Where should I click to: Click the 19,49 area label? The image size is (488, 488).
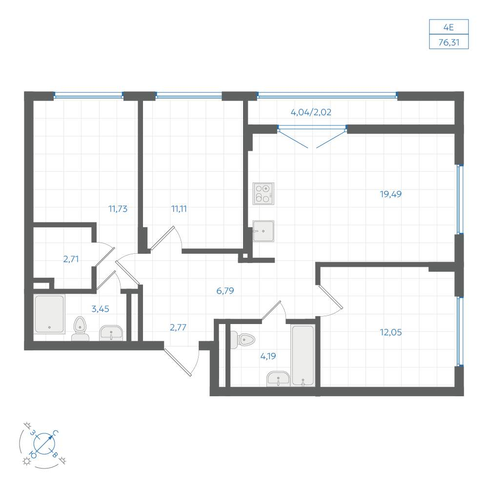click(390, 194)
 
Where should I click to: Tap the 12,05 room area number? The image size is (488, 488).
click(390, 332)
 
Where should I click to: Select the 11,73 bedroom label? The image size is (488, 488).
click(118, 209)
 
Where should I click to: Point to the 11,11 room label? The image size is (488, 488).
click(179, 209)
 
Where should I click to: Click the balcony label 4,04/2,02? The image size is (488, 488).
click(311, 112)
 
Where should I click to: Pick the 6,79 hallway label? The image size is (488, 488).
click(225, 291)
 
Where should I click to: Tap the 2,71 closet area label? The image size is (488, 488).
click(71, 259)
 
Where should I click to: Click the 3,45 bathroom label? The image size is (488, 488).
click(100, 309)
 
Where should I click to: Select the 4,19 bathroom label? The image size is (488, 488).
click(268, 356)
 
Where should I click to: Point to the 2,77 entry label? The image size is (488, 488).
click(178, 327)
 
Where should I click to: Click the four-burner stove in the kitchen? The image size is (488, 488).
click(264, 194)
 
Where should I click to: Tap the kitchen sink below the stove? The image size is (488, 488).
click(264, 231)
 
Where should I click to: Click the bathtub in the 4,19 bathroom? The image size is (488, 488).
click(303, 355)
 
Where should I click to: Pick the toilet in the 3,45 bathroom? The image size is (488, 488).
click(81, 328)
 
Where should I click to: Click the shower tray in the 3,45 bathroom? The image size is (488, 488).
click(49, 314)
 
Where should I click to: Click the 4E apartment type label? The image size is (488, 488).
click(448, 27)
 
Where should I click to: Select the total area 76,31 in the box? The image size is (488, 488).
click(449, 42)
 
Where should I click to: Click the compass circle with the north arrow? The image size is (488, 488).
click(44, 443)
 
